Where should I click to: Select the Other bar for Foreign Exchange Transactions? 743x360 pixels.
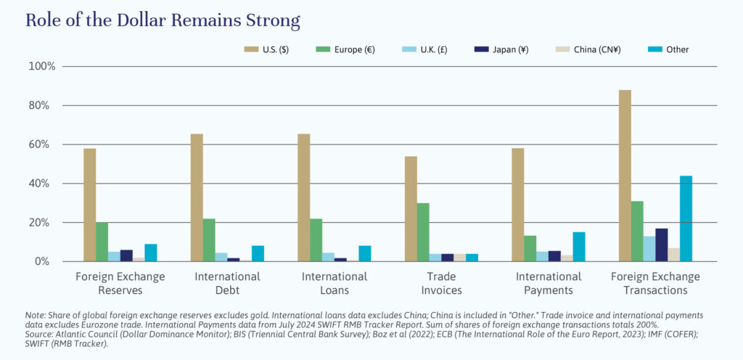pyautogui.click(x=686, y=218)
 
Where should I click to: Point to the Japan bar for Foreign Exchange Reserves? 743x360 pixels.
pyautogui.click(x=126, y=255)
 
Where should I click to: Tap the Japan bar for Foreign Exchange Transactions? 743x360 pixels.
pyautogui.click(x=661, y=245)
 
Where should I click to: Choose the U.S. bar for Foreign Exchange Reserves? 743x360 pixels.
pyautogui.click(x=89, y=205)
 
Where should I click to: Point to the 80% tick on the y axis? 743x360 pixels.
pyautogui.click(x=42, y=105)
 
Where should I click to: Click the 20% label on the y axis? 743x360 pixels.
pyautogui.click(x=42, y=223)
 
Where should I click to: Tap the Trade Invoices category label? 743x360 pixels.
pyautogui.click(x=441, y=283)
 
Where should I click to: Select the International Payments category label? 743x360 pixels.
pyautogui.click(x=549, y=283)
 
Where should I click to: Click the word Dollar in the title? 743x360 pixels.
pyautogui.click(x=118, y=20)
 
